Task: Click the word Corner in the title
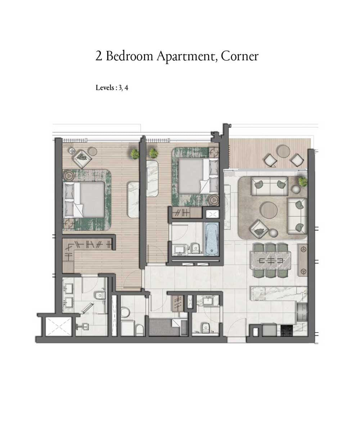[x=240, y=56]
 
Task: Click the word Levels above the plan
[x=105, y=88]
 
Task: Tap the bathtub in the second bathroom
[x=212, y=239]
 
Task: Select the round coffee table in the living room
[x=269, y=210]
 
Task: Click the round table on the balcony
[x=283, y=152]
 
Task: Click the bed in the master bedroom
[x=84, y=199]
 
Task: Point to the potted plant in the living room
[x=303, y=182]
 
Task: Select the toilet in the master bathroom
[x=100, y=296]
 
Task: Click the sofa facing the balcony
[x=269, y=186]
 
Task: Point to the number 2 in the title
[x=99, y=56]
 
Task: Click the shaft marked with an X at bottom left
[x=59, y=327]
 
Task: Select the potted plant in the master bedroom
[x=135, y=154]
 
